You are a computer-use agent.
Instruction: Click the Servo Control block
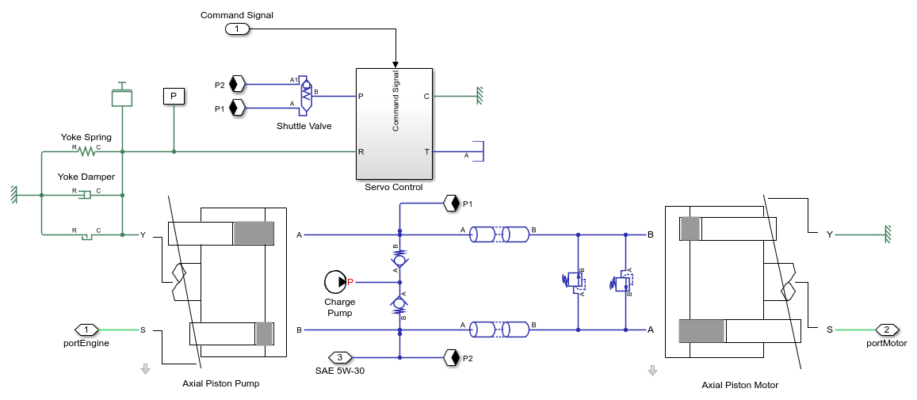pyautogui.click(x=393, y=124)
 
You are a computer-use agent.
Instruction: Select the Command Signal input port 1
pyautogui.click(x=237, y=29)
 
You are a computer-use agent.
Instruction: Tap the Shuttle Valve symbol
pyautogui.click(x=306, y=95)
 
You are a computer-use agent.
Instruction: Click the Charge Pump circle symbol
pyautogui.click(x=335, y=281)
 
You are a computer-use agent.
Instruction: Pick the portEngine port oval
pyautogui.click(x=86, y=330)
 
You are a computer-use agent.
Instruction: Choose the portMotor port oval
pyautogui.click(x=887, y=330)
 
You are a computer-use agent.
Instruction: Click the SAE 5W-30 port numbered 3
pyautogui.click(x=340, y=357)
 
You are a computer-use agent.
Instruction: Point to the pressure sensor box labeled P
pyautogui.click(x=174, y=97)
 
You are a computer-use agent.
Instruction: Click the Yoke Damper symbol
pyautogui.click(x=86, y=194)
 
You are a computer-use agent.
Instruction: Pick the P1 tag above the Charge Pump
pyautogui.click(x=452, y=203)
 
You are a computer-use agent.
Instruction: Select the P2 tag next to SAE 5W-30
pyautogui.click(x=452, y=357)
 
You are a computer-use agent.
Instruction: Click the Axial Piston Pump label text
pyautogui.click(x=220, y=383)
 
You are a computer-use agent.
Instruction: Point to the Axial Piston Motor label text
pyautogui.click(x=739, y=385)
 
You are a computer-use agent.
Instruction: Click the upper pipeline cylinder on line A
pyautogui.click(x=499, y=234)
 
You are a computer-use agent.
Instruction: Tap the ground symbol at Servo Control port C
pyautogui.click(x=480, y=97)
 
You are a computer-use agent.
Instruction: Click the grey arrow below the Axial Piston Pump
pyautogui.click(x=145, y=369)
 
